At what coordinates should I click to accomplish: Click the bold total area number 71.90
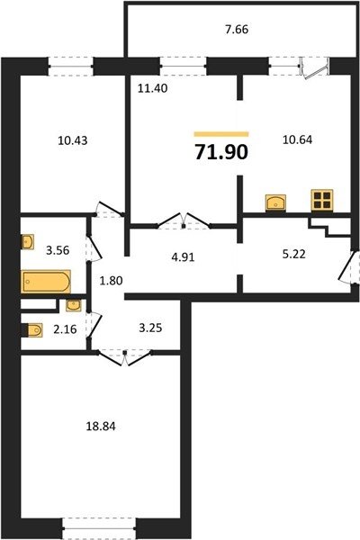point(221,151)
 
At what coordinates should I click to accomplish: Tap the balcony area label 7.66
point(237,30)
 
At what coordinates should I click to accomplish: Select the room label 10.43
point(73,140)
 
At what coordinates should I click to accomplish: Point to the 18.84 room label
point(101,427)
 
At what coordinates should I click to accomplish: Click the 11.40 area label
point(153,88)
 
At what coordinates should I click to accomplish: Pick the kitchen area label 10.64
point(297,139)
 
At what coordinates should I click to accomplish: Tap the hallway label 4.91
point(183,256)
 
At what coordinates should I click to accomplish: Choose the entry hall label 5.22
point(294,254)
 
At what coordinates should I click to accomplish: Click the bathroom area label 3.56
point(58,250)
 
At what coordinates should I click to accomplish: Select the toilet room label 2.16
point(65,329)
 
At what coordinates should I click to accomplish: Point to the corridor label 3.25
point(150,328)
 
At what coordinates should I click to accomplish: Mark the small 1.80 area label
point(111,281)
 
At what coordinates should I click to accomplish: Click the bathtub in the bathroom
point(46,281)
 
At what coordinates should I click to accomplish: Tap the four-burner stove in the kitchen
point(322,200)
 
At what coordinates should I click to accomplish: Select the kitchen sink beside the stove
point(275,202)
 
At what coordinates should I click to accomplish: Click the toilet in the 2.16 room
point(32,330)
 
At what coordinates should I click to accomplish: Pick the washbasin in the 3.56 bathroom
point(28,242)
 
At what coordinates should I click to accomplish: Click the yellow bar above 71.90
point(221,134)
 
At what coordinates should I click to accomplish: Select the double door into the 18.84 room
point(125,356)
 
